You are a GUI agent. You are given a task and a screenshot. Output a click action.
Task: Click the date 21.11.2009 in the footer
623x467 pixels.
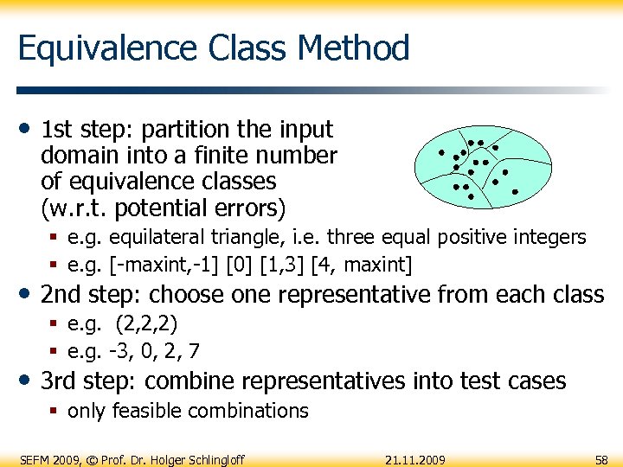[x=415, y=458]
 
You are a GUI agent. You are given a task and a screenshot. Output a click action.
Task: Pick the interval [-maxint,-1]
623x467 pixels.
[x=151, y=263]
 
